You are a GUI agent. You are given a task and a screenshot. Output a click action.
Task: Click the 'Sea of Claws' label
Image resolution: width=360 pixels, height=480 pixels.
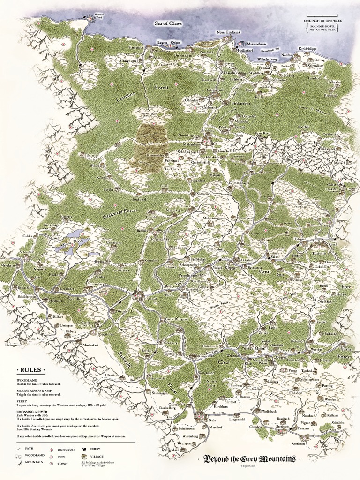coord(168,23)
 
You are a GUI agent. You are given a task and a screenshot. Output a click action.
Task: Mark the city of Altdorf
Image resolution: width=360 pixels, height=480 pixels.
coord(151,299)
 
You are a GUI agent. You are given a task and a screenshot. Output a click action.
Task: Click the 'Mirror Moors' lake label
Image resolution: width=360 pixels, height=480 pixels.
coord(69,242)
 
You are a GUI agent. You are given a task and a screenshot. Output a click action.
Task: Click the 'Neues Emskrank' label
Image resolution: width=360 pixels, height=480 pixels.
coord(226,32)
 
